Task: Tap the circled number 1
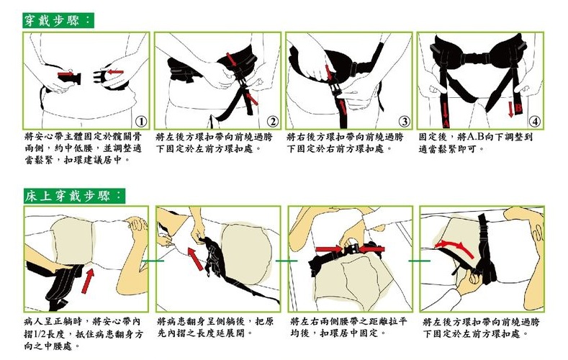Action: tap(141, 122)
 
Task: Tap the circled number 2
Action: tap(273, 122)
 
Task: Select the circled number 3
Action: tap(405, 122)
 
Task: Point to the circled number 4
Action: tap(536, 122)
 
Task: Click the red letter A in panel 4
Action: tap(446, 124)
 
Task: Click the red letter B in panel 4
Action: tap(519, 108)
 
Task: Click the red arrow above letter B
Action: tap(510, 109)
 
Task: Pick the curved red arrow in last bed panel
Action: tap(454, 248)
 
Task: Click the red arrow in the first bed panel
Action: tap(88, 281)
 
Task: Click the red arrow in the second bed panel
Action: tap(196, 259)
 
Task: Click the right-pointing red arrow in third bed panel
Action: tap(328, 249)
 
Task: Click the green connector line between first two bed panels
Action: tap(152, 261)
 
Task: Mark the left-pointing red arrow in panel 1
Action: tap(115, 72)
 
